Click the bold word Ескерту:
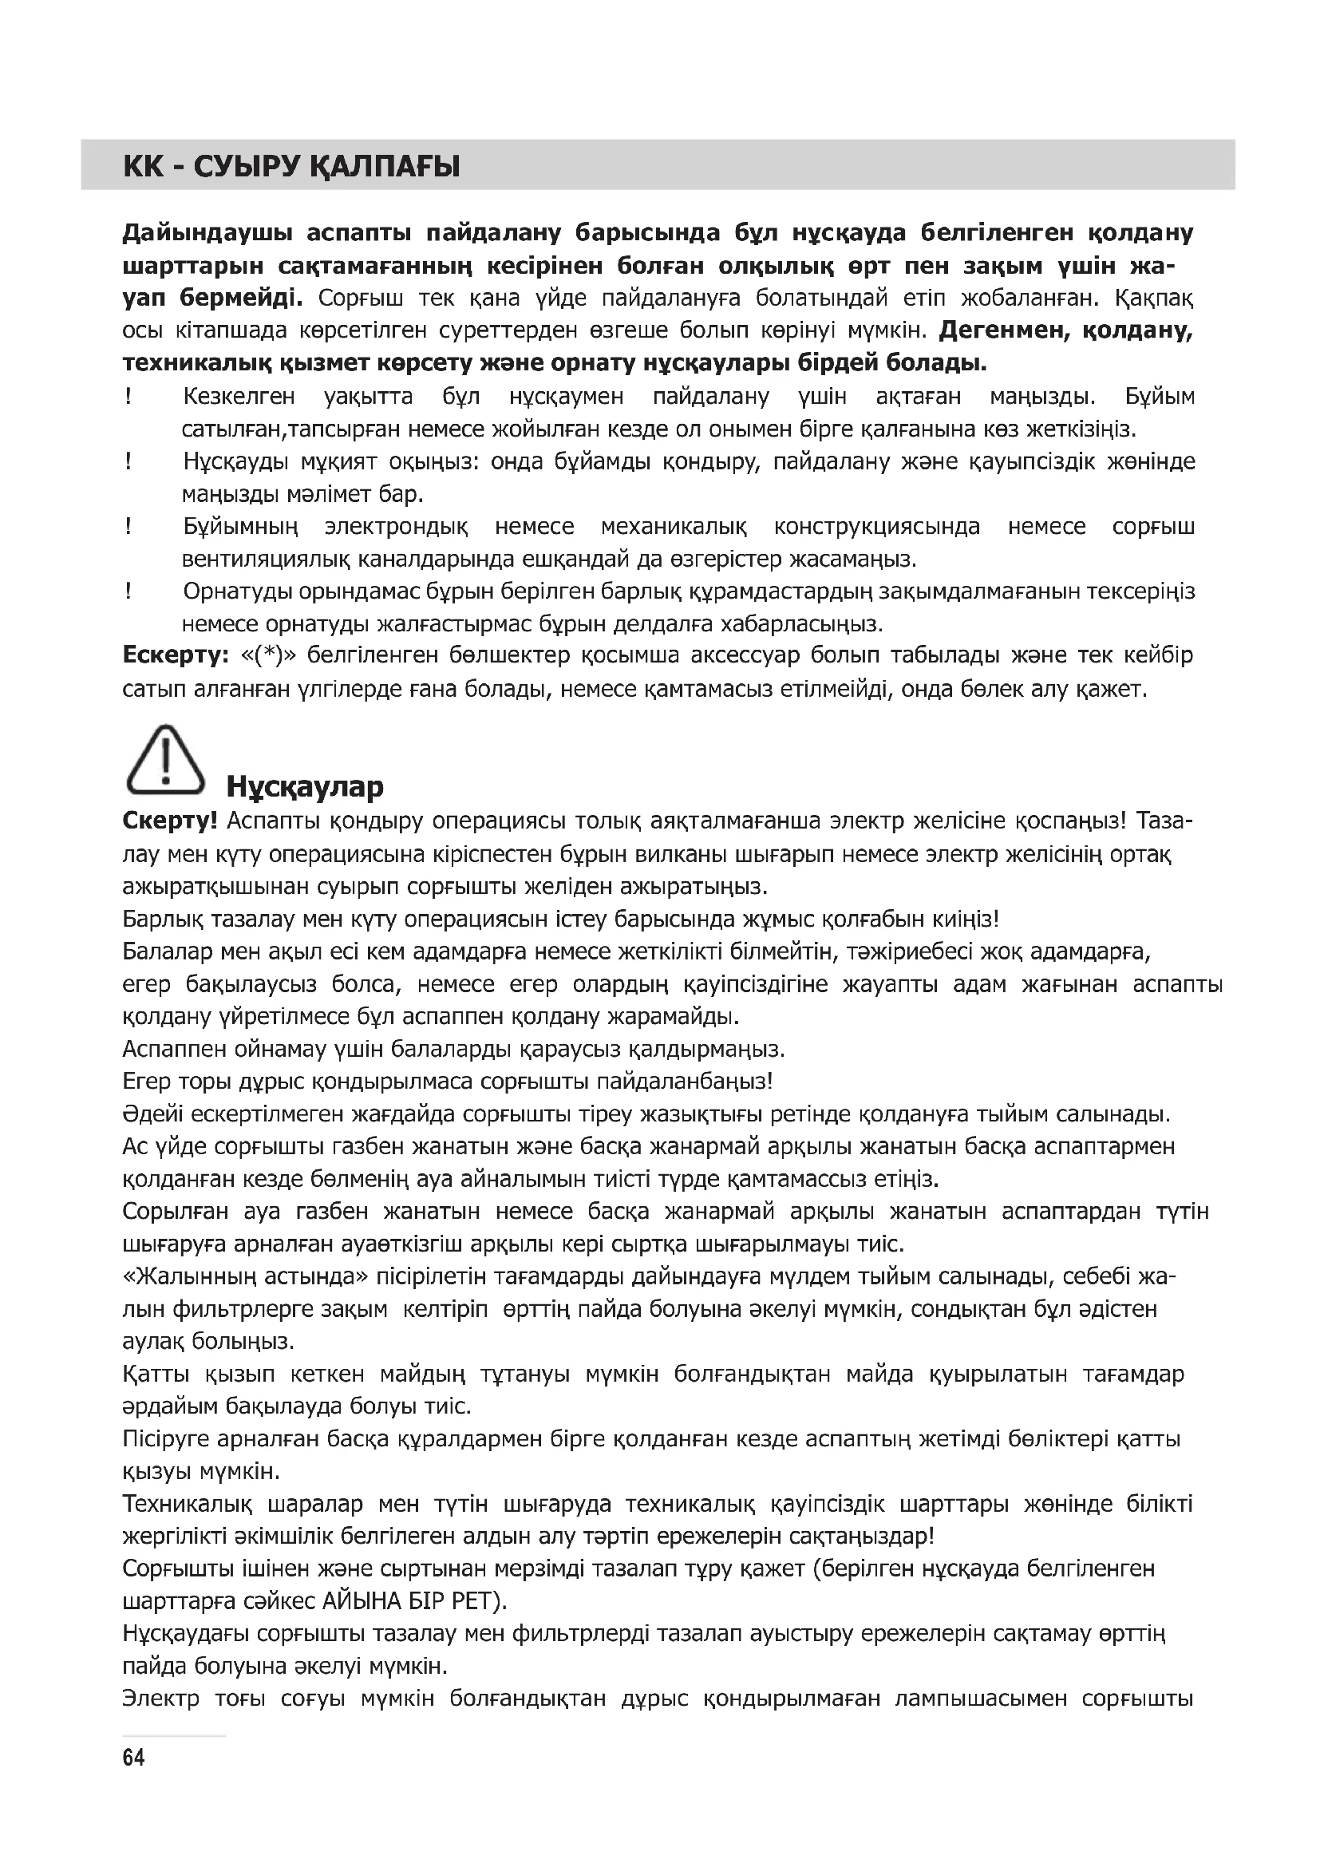[x=176, y=655]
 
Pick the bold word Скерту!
[x=170, y=821]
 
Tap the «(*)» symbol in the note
[x=267, y=655]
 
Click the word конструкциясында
[x=877, y=526]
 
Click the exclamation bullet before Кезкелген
[x=128, y=397]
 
